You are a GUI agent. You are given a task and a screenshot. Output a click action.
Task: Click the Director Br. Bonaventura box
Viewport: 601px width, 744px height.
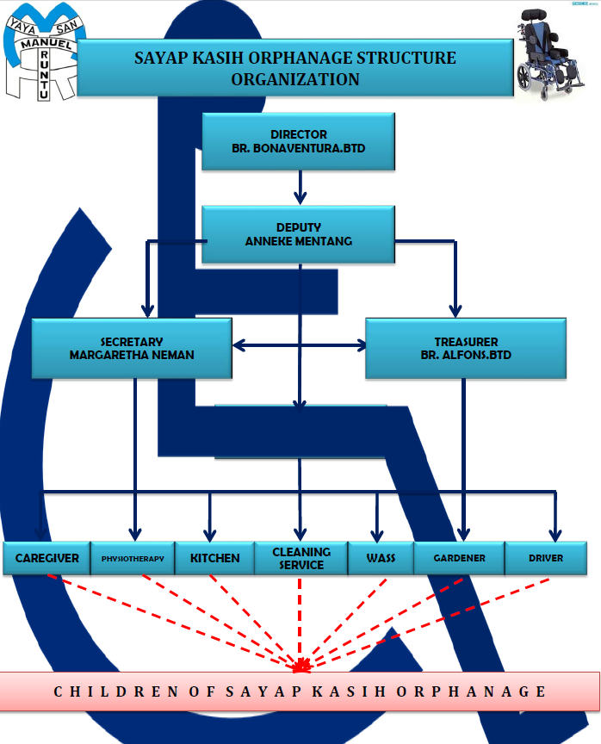298,141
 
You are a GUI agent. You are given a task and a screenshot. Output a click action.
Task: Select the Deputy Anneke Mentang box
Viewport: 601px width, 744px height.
298,235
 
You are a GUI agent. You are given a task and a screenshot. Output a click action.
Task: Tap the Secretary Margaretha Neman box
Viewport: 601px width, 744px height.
132,348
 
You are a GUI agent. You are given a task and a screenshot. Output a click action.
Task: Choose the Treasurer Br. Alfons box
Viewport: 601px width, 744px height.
466,348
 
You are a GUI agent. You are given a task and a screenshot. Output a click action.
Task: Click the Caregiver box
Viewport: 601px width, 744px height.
46,558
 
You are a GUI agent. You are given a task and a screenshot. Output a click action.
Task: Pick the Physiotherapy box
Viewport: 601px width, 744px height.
132,558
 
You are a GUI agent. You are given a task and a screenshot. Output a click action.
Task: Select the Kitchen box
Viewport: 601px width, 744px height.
214,558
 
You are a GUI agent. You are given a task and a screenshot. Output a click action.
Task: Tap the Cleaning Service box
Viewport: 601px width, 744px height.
300,558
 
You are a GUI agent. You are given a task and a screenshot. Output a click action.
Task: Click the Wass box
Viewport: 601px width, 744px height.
381,558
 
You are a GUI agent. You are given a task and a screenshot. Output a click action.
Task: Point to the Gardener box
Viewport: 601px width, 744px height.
459,558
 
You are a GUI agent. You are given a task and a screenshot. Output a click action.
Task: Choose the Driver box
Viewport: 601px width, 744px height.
546,558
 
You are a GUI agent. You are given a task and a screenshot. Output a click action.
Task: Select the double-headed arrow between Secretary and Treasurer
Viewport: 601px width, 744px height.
299,346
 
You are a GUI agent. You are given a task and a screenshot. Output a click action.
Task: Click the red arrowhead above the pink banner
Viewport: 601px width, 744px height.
301,666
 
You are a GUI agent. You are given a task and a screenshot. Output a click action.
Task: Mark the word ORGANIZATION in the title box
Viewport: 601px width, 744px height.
295,79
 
